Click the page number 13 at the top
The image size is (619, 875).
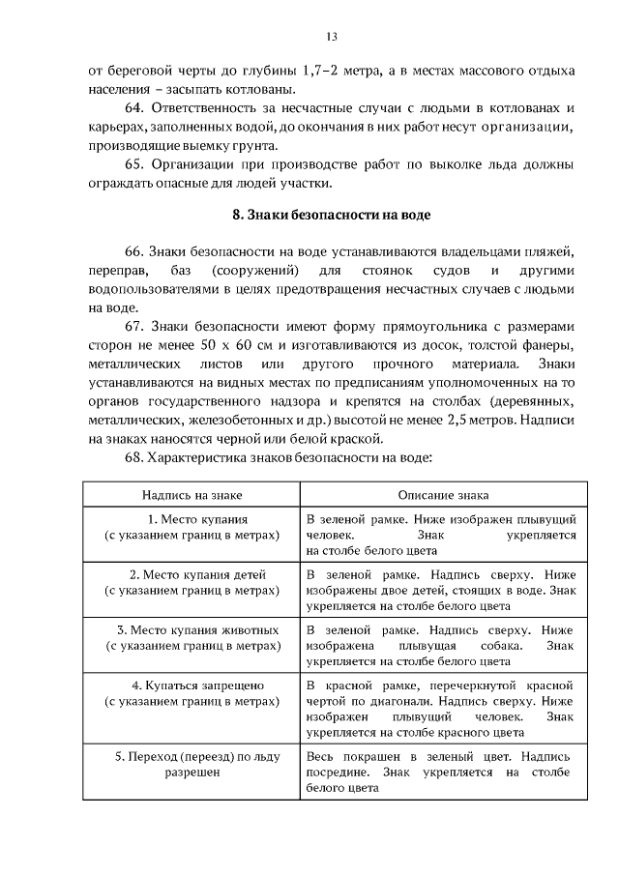331,37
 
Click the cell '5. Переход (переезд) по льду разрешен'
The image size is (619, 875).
190,764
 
